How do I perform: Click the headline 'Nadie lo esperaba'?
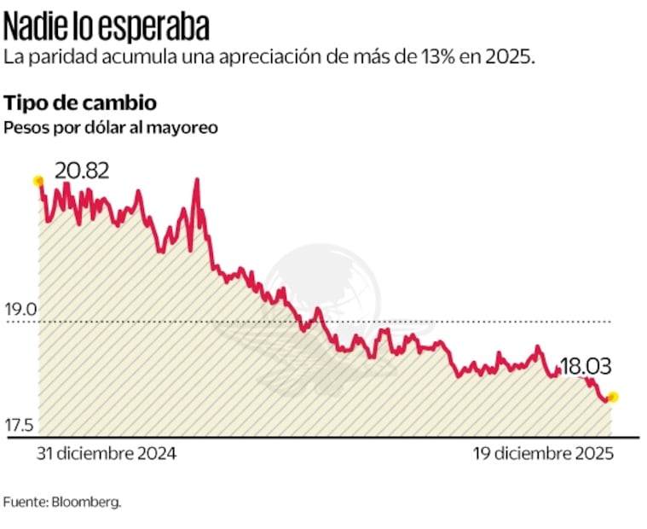point(107,27)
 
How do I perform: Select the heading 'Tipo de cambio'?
point(80,103)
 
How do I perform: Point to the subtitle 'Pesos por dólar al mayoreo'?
point(111,127)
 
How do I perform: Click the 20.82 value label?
point(82,171)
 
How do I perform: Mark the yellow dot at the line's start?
point(38,181)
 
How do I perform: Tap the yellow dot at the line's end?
point(611,397)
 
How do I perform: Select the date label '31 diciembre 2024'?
point(106,455)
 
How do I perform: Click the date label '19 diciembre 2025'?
point(543,455)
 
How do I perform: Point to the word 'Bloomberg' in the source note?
point(86,502)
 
